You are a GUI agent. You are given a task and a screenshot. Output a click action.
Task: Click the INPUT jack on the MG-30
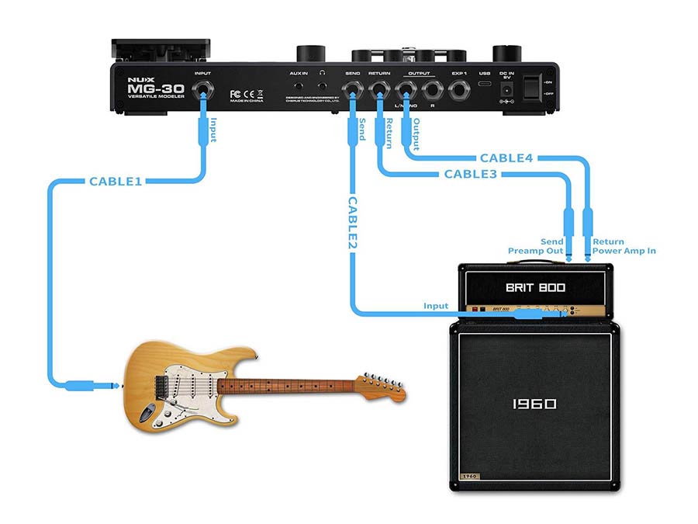point(203,92)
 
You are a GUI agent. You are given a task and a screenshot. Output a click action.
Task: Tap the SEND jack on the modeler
point(353,91)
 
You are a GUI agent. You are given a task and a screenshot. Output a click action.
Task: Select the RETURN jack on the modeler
point(379,91)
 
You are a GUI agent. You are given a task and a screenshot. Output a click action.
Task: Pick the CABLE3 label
point(471,175)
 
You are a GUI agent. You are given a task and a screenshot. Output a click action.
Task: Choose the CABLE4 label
point(506,158)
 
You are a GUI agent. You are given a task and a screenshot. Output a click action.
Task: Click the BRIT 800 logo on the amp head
point(536,287)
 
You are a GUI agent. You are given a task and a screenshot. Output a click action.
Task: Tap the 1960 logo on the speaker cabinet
point(534,404)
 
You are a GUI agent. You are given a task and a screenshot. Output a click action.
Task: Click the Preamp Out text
point(536,251)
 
